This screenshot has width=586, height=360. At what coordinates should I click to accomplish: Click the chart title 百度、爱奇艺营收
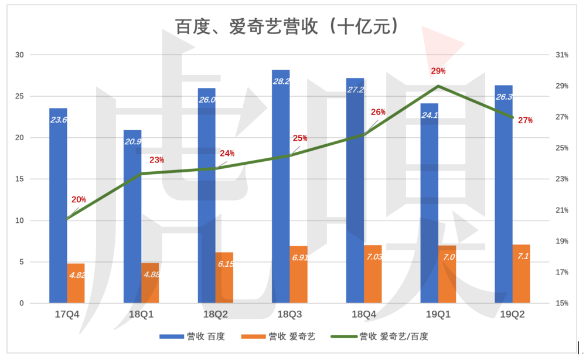287,26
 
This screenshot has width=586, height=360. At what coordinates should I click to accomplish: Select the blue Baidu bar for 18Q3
281,188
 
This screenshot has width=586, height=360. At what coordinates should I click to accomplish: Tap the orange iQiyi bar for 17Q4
76,284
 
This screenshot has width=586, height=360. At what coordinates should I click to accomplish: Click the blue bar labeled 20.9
132,217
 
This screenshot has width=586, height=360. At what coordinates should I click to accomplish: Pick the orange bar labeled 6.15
224,279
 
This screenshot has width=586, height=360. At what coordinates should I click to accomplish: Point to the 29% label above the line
438,71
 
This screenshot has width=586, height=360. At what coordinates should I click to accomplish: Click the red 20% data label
79,200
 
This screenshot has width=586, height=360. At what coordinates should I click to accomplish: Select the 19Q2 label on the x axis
512,315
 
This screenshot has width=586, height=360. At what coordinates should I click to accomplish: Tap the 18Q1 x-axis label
141,315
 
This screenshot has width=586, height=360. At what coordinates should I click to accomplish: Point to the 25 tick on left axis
19,96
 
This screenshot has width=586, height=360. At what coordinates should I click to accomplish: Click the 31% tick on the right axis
562,55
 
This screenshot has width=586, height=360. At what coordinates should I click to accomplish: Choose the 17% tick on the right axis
562,272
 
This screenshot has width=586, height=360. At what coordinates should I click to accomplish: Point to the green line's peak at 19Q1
439,86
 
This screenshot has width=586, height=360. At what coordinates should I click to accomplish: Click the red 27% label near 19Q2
525,121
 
